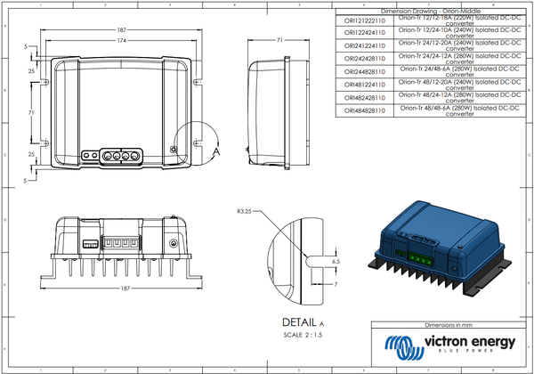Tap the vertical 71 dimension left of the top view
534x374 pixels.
31,113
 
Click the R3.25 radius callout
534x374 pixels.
246,212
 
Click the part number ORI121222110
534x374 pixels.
365,19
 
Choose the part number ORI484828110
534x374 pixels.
365,110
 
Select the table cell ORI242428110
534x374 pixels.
365,58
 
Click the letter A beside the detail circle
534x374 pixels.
217,152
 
